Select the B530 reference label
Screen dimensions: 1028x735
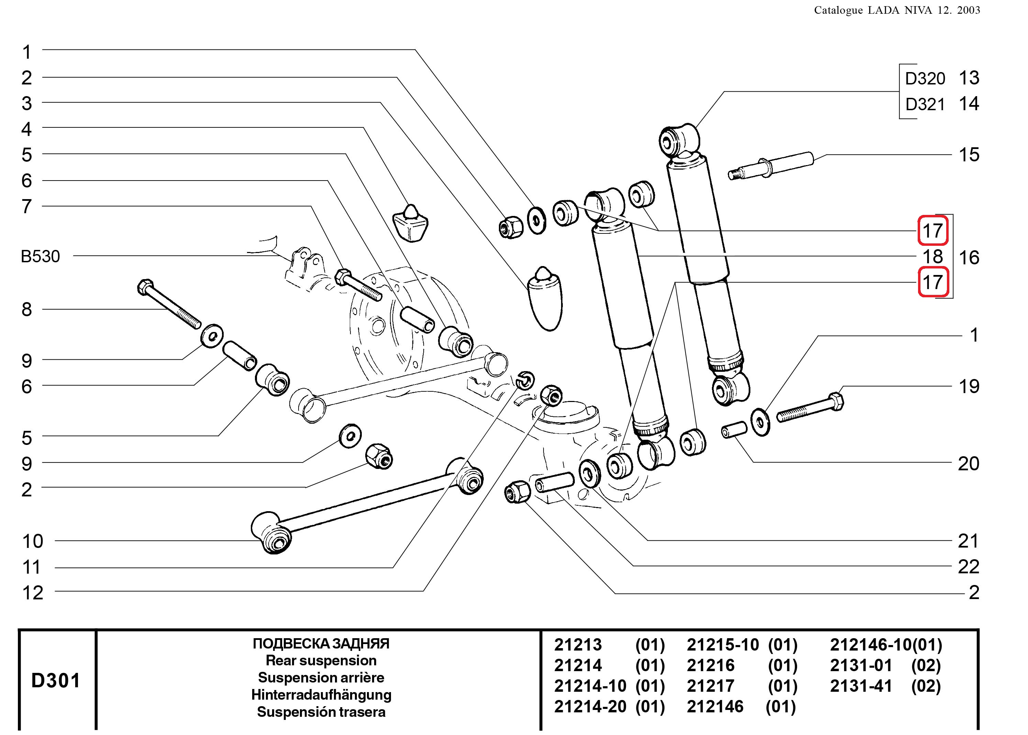tap(40, 256)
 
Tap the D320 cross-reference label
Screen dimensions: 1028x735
tap(925, 79)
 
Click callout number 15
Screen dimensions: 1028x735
tap(969, 155)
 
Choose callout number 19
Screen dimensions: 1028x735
tap(969, 387)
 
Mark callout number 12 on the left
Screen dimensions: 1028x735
tap(33, 593)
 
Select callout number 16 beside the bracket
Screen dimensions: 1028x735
tap(969, 257)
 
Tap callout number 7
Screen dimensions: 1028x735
tap(27, 206)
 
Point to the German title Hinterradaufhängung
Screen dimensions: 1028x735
tap(321, 695)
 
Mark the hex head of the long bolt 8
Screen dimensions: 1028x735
tap(145, 287)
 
